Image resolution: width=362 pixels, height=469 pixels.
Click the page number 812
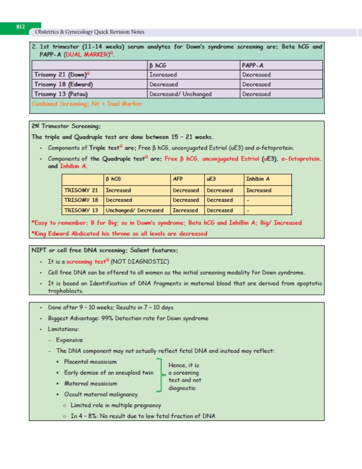20,27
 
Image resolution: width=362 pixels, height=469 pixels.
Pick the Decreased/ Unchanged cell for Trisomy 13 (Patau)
181,94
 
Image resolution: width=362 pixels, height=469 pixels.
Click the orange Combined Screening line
87,104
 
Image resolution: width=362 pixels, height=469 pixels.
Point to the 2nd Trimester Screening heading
66,126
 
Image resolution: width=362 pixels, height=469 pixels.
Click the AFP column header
178,179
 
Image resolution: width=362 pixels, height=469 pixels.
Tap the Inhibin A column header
258,179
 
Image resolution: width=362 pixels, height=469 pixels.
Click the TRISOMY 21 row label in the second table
81,191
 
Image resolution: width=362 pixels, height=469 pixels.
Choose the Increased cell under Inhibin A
258,191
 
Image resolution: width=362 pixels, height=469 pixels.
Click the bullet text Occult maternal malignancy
101,394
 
